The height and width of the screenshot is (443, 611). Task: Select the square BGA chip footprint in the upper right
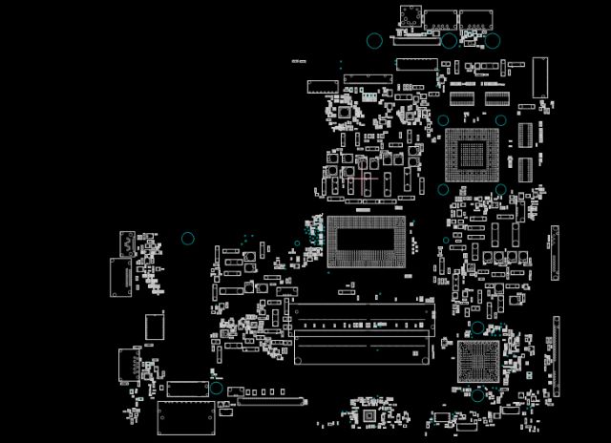[472, 154]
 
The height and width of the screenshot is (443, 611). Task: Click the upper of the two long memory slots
[362, 314]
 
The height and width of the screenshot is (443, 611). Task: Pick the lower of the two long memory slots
[362, 349]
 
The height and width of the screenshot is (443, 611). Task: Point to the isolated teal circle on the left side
[188, 239]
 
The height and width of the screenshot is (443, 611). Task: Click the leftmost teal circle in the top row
[374, 41]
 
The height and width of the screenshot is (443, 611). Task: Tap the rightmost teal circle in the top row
[493, 41]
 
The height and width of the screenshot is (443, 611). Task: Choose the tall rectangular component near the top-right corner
[540, 76]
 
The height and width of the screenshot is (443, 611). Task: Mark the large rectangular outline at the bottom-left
[186, 418]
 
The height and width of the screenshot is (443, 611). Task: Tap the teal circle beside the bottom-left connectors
[216, 389]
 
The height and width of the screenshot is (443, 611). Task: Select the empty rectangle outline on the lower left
[155, 326]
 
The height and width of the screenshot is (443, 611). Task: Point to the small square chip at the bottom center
[369, 415]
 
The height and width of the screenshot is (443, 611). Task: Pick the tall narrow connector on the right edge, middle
[555, 254]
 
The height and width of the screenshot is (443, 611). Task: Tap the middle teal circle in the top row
[449, 41]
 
